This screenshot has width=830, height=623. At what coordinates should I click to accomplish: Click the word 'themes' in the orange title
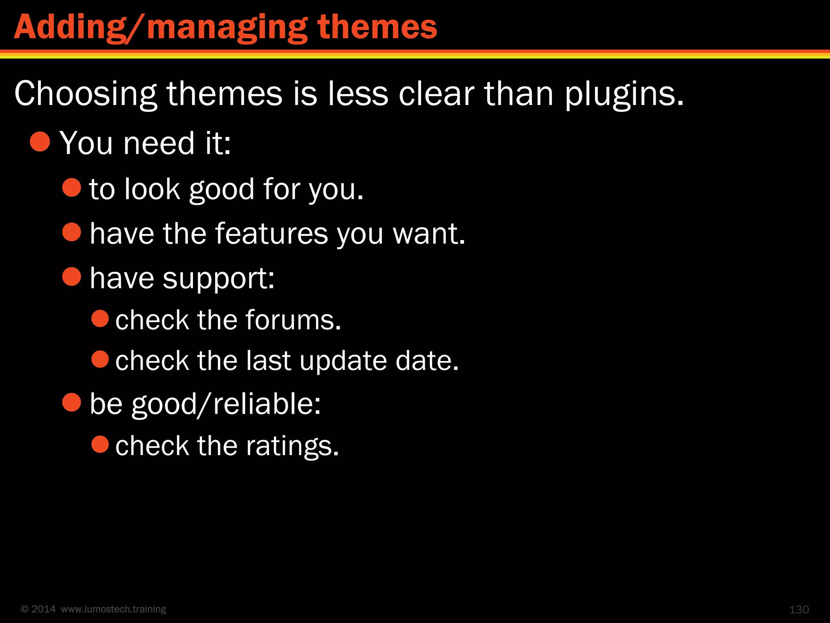tap(377, 28)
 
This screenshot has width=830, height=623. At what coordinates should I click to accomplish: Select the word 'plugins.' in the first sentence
tap(625, 94)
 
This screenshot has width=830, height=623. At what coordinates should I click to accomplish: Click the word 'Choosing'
tap(86, 94)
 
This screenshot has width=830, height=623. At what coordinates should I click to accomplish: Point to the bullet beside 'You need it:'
tap(40, 142)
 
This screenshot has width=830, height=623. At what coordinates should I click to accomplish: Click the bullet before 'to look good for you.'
tap(72, 187)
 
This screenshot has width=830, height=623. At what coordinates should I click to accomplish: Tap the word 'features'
tap(271, 234)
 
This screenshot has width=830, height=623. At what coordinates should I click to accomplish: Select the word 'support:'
tap(219, 279)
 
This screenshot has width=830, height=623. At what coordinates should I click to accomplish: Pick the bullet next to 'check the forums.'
tap(100, 318)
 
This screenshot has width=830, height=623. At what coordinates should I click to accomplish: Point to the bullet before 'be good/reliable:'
tap(72, 402)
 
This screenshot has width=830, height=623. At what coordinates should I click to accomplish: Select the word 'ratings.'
tap(292, 446)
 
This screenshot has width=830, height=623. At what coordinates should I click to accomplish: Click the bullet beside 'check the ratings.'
tap(100, 444)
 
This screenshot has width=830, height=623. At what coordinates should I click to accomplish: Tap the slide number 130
tap(799, 610)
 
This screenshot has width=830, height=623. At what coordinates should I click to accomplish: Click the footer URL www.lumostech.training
tap(113, 609)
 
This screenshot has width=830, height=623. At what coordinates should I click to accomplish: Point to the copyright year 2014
tap(43, 609)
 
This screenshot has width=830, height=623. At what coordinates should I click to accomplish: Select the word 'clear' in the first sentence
tap(436, 94)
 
